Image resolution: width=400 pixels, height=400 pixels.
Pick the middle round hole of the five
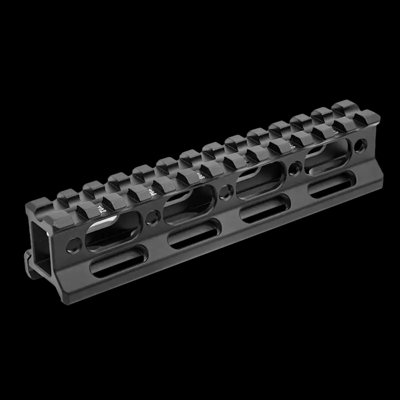click(x=225, y=190)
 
